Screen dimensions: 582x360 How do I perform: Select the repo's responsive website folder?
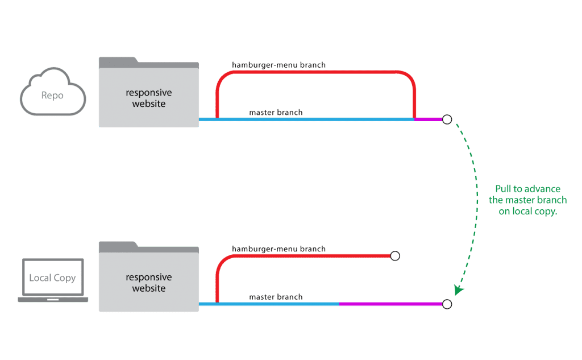pyautogui.click(x=149, y=97)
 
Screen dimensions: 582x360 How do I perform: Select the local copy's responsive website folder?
pyautogui.click(x=149, y=282)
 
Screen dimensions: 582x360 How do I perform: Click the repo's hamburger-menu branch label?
pyautogui.click(x=278, y=65)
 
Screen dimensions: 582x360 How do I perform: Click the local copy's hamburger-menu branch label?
pyautogui.click(x=278, y=249)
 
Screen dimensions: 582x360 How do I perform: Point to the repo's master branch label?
pyautogui.click(x=276, y=112)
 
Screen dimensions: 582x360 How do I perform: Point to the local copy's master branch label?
pyautogui.click(x=276, y=297)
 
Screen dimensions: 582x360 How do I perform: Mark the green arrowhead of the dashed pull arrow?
pyautogui.click(x=459, y=289)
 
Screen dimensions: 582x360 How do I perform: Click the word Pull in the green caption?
pyautogui.click(x=504, y=189)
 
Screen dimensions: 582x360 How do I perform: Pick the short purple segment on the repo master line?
pyautogui.click(x=429, y=119)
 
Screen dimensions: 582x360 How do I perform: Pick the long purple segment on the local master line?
pyautogui.click(x=391, y=304)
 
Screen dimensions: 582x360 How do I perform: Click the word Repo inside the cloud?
pyautogui.click(x=52, y=96)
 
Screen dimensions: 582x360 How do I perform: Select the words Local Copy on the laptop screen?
pyautogui.click(x=52, y=278)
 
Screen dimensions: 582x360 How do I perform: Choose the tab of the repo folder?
pyautogui.click(x=118, y=61)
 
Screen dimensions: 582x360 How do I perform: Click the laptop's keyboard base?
pyautogui.click(x=53, y=300)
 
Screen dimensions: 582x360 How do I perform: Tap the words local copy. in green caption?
pyautogui.click(x=528, y=212)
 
